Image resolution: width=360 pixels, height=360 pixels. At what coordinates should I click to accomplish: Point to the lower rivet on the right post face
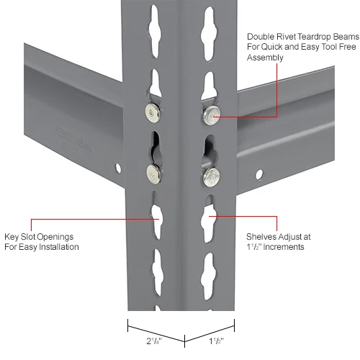[210, 175]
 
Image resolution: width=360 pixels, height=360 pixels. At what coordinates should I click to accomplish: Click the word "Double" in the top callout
[261, 36]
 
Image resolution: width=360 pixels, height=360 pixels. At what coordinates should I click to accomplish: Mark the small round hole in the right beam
[258, 174]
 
